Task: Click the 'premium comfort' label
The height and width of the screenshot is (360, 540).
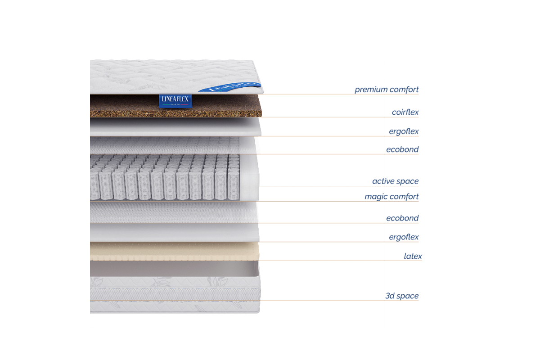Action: click(387, 90)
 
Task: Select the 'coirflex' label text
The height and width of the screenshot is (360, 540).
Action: click(405, 112)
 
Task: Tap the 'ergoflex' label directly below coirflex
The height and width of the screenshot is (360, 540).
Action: click(404, 132)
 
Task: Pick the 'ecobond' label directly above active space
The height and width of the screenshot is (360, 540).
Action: click(402, 149)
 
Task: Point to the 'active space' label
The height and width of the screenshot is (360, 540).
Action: click(395, 181)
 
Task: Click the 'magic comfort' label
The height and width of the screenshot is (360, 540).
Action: click(391, 197)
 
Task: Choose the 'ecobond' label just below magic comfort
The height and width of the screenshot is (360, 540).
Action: click(402, 218)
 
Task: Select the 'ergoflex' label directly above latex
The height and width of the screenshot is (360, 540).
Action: click(404, 237)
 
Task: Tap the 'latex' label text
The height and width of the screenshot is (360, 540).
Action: click(413, 256)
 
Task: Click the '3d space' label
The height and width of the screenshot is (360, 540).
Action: click(402, 296)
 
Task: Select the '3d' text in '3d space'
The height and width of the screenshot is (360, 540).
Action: click(390, 296)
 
